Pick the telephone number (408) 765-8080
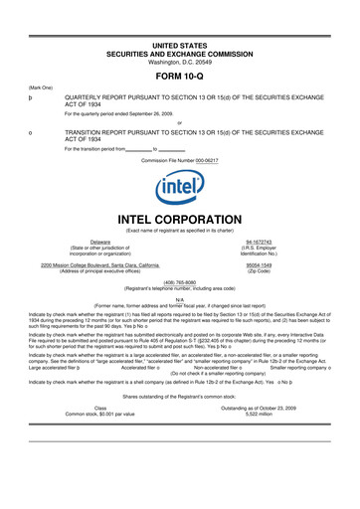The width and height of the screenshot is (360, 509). [179, 280]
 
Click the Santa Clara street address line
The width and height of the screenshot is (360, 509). [100, 265]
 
